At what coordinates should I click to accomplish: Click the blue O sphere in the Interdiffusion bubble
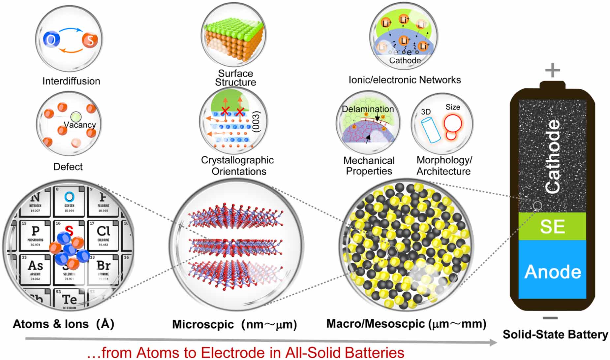51,40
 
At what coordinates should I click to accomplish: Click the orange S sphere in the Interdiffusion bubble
90,40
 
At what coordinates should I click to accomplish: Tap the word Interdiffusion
71,81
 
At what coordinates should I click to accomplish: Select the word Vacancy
80,125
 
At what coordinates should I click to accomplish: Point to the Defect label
68,167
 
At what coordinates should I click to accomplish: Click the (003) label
256,122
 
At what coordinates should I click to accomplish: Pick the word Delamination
368,109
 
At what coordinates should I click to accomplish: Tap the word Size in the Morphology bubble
453,107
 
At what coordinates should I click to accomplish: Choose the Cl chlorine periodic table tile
103,234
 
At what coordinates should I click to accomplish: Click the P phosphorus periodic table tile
35,234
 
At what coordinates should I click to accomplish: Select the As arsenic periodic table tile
35,269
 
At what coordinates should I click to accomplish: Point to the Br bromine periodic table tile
103,269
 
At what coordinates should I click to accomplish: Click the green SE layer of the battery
552,226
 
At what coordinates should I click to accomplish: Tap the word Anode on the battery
553,272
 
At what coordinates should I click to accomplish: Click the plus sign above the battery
553,70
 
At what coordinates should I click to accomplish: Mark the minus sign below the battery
550,318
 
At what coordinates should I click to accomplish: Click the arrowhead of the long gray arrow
493,343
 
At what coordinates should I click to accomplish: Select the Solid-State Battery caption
555,335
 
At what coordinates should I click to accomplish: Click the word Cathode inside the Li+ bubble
405,60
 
